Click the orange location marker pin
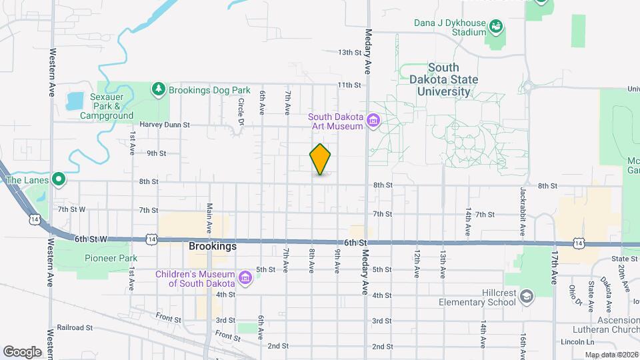(x=321, y=159)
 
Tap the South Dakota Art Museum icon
(x=373, y=121)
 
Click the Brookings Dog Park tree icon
(x=158, y=89)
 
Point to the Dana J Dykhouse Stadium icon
(x=495, y=27)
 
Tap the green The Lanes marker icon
(x=59, y=179)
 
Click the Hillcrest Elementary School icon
(x=526, y=296)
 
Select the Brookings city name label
(x=212, y=246)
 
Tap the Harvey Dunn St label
(x=165, y=125)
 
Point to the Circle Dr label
(x=241, y=111)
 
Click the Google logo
(x=22, y=351)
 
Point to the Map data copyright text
(x=611, y=355)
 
